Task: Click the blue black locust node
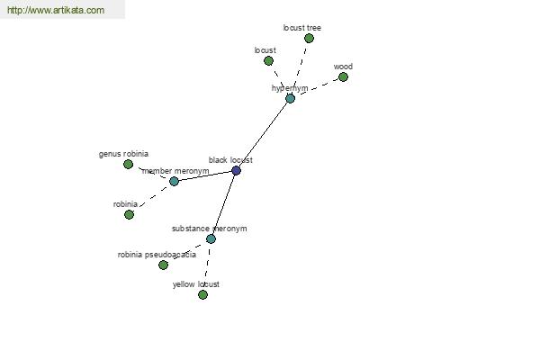coord(236,170)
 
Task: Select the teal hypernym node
coord(291,98)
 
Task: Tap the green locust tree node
coord(310,38)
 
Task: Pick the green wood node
coord(344,76)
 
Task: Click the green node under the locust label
coord(268,61)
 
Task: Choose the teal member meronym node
coord(174,181)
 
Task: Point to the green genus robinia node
coord(128,165)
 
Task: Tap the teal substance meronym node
coord(211,238)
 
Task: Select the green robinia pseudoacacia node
coord(163,265)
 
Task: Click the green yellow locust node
coord(202,294)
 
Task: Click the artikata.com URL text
coord(56,10)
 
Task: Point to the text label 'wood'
coord(343,67)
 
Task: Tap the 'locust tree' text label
coord(302,28)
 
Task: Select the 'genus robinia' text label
coord(123,154)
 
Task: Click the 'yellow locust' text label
coord(196,284)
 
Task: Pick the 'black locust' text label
coord(230,160)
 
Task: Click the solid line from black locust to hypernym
coord(263,134)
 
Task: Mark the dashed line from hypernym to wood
coord(317,87)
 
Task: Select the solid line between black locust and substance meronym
coord(223,204)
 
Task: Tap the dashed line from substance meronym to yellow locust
coord(207,266)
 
